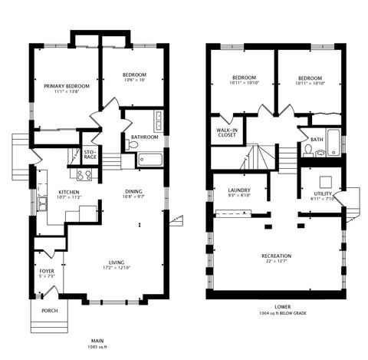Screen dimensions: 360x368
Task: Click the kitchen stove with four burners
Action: tap(84, 174)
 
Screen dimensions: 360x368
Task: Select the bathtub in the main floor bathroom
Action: tap(149, 160)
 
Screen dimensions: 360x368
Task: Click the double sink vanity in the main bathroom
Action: tap(157, 122)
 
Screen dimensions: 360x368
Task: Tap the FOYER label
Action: tap(48, 271)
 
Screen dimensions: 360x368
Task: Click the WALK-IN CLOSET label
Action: tap(228, 133)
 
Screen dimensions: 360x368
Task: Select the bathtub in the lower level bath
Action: tap(333, 144)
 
